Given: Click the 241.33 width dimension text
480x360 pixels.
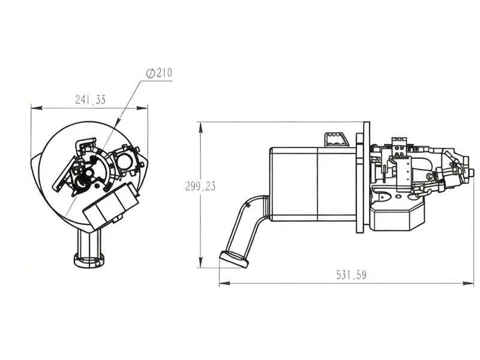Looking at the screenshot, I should tap(90, 100).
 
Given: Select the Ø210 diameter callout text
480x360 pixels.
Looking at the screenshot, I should tap(159, 73).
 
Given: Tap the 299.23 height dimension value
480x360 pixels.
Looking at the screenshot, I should tap(200, 186).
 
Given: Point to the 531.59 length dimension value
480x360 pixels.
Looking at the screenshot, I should tap(351, 275).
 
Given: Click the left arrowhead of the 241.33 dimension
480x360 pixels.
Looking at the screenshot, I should tap(34, 108).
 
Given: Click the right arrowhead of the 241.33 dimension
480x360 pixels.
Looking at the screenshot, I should tap(145, 108).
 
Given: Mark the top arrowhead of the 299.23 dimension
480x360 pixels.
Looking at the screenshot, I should tap(202, 125).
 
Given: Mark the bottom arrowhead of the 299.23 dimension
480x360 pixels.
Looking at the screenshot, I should tap(202, 265).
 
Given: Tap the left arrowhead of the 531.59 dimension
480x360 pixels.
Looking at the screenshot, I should tap(223, 283).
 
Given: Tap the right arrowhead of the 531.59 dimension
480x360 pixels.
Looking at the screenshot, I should tap(470, 283).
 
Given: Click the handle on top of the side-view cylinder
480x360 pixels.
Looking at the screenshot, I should tap(336, 139).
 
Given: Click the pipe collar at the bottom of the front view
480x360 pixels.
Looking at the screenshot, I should tap(89, 259).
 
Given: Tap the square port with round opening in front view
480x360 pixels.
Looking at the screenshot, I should tap(126, 160).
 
